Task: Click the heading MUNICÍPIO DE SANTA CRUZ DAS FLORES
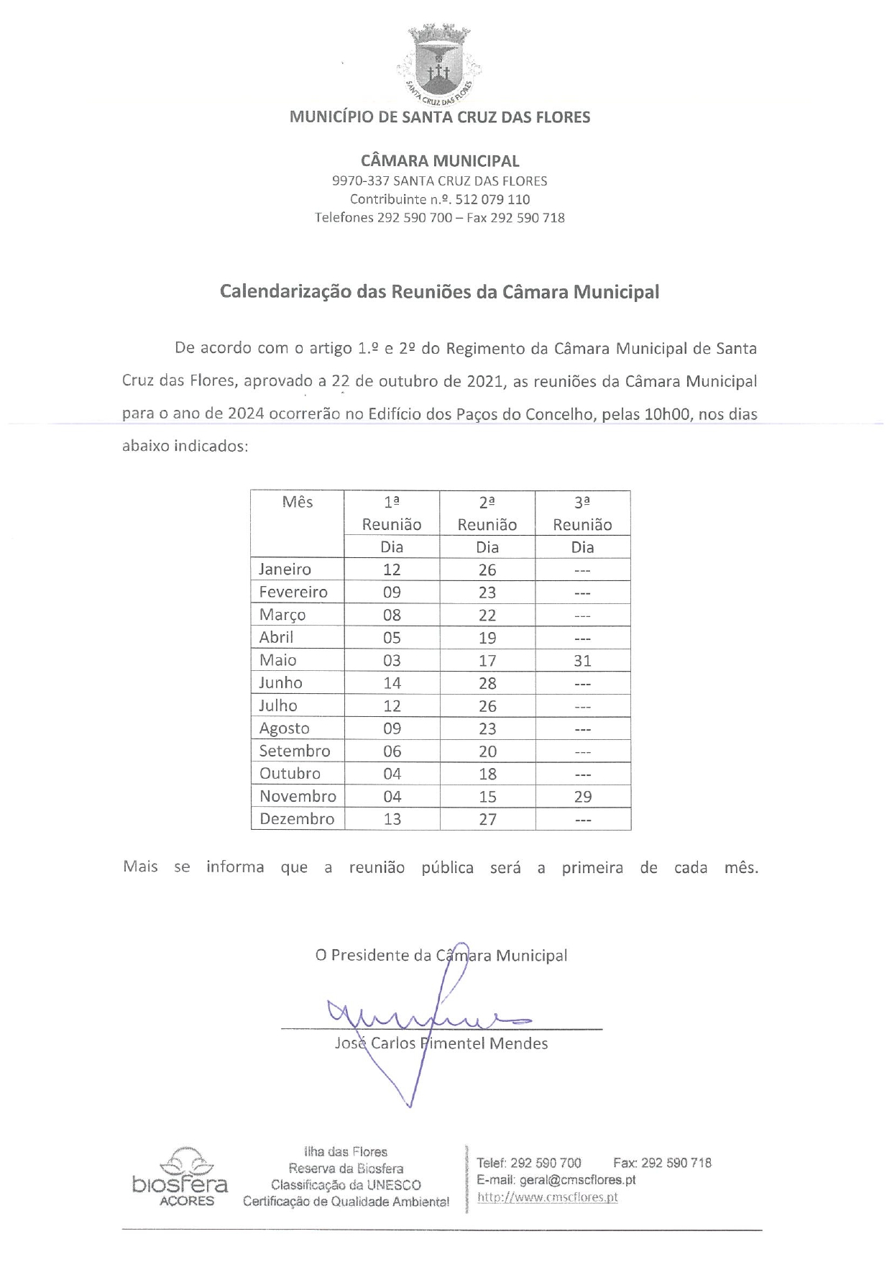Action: click(x=439, y=117)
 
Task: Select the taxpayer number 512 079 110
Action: click(x=493, y=199)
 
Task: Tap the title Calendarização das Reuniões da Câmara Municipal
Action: click(x=439, y=292)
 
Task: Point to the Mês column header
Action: click(x=298, y=502)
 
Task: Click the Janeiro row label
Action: click(x=285, y=570)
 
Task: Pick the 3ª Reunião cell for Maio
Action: click(x=582, y=660)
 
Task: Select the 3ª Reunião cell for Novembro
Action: click(x=582, y=796)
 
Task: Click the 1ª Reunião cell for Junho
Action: click(x=392, y=683)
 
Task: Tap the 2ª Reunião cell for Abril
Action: click(x=487, y=638)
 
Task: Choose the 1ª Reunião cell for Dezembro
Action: click(x=392, y=819)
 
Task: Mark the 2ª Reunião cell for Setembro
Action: click(x=487, y=751)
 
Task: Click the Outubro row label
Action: click(x=290, y=774)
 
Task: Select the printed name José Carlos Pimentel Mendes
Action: click(x=441, y=1043)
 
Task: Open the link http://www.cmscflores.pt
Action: click(x=547, y=1197)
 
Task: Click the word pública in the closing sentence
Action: click(x=447, y=867)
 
